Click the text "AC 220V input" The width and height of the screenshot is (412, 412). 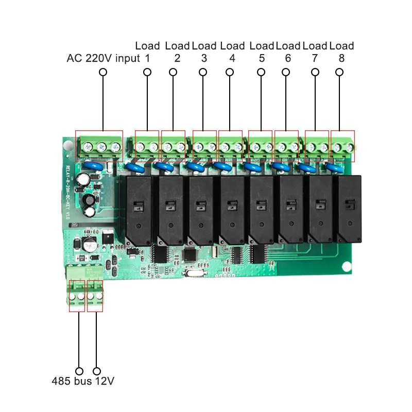(x=103, y=58)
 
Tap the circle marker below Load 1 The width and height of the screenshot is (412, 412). (x=147, y=73)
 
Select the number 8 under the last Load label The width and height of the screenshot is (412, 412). (x=341, y=58)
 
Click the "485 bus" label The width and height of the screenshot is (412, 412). (x=71, y=382)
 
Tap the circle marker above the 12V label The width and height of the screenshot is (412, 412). (x=96, y=371)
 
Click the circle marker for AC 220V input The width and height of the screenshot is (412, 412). (x=102, y=73)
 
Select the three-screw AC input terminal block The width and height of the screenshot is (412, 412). (x=99, y=146)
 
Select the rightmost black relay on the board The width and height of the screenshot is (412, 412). (x=349, y=209)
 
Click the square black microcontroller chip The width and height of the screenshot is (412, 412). (x=190, y=254)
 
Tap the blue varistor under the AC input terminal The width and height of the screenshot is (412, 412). (x=94, y=166)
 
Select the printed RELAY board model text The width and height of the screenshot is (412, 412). (x=67, y=191)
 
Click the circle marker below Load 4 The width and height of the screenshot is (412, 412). (x=232, y=73)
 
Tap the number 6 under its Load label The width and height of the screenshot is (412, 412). (x=287, y=58)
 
